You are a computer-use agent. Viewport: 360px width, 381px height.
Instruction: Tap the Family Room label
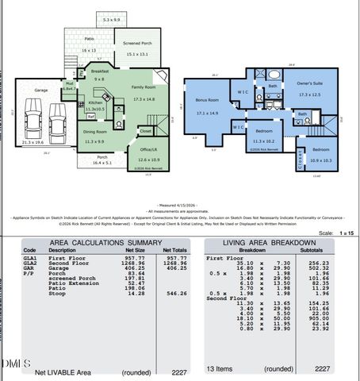click(144, 87)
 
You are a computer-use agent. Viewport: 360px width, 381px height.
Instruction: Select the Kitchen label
click(95, 102)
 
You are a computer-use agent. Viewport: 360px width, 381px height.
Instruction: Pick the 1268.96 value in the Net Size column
click(138, 263)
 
